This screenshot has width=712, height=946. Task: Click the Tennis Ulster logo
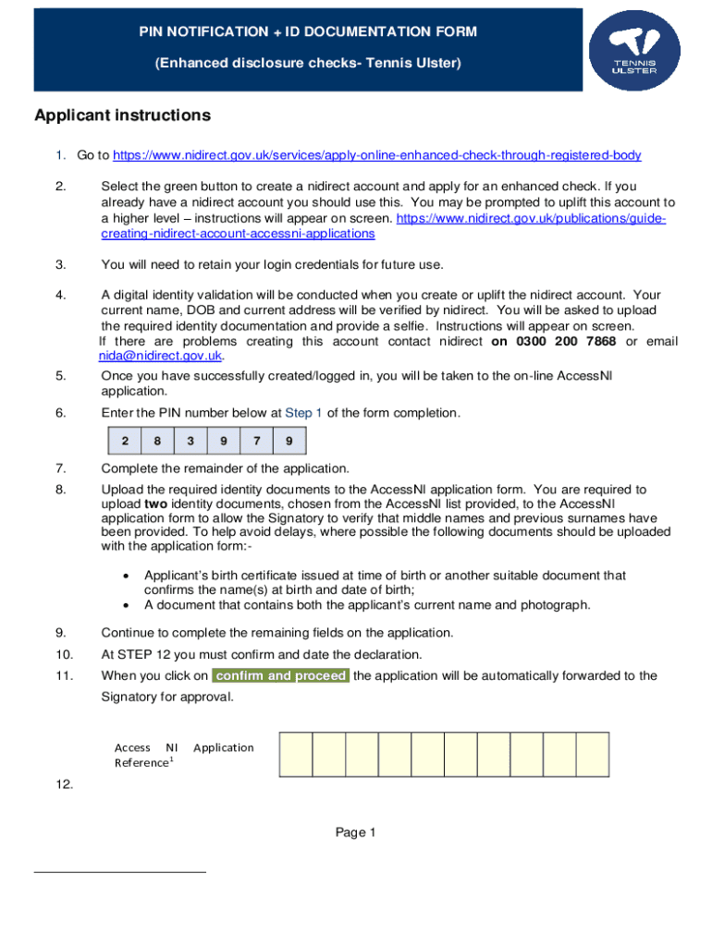pyautogui.click(x=636, y=51)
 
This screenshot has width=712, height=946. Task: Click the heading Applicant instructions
pyautogui.click(x=122, y=115)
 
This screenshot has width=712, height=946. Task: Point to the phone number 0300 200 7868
pyautogui.click(x=553, y=342)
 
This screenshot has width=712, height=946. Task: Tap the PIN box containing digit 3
pyautogui.click(x=190, y=442)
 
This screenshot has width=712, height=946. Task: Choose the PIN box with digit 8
pyautogui.click(x=157, y=442)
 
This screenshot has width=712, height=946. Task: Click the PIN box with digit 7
pyautogui.click(x=256, y=442)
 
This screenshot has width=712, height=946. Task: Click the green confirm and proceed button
pyautogui.click(x=281, y=675)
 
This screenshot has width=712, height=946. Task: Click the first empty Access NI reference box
pyautogui.click(x=296, y=754)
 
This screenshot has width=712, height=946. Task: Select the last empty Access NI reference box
pyautogui.click(x=593, y=754)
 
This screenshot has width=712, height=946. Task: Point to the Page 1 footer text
pyautogui.click(x=355, y=833)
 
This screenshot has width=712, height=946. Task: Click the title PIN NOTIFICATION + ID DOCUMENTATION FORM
pyautogui.click(x=308, y=32)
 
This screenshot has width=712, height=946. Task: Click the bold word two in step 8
pyautogui.click(x=154, y=503)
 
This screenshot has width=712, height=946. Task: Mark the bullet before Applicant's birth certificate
pyautogui.click(x=127, y=576)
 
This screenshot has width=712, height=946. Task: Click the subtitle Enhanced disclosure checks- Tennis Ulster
pyautogui.click(x=308, y=63)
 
